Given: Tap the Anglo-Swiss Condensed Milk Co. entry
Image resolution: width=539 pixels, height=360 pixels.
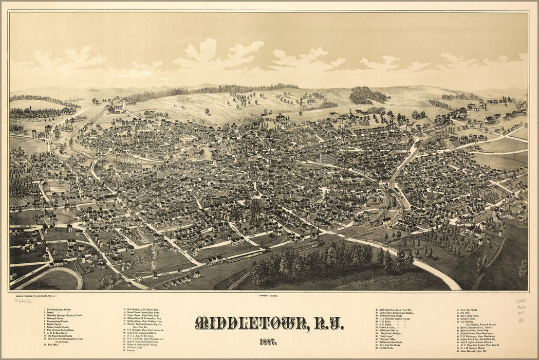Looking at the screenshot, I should click(x=147, y=333).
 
